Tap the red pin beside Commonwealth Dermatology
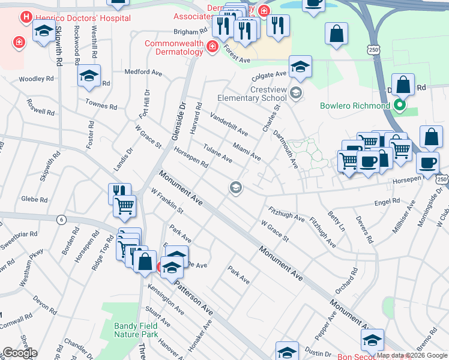(x=211, y=47)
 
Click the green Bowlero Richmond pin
(x=400, y=106)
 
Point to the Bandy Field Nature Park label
(x=136, y=330)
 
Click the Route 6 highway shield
(x=61, y=220)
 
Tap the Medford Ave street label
(x=143, y=72)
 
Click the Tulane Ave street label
(x=217, y=153)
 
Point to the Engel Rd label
(x=387, y=202)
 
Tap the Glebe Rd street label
(x=34, y=199)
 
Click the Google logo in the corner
(x=20, y=352)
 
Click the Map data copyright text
(x=412, y=355)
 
